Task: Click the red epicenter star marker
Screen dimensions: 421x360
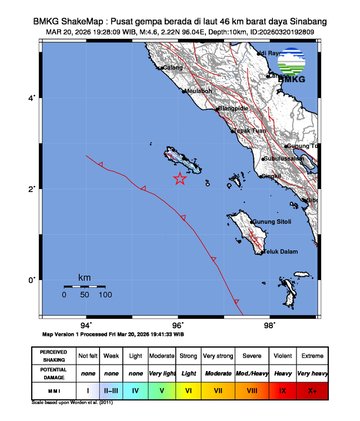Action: click(x=180, y=178)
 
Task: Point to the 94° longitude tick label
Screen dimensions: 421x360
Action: click(x=86, y=324)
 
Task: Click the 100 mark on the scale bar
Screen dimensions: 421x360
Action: click(x=105, y=294)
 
